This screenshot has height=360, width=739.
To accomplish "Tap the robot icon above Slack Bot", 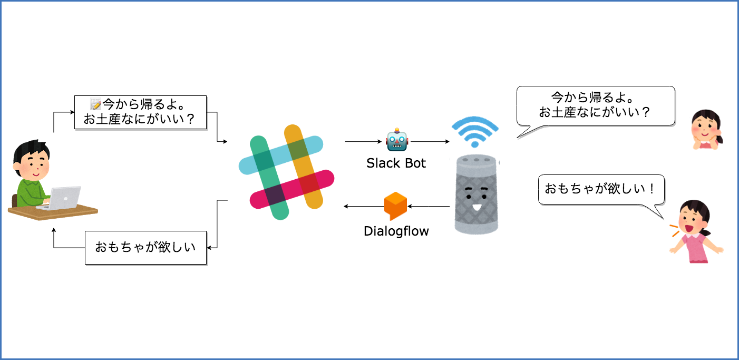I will [x=396, y=141].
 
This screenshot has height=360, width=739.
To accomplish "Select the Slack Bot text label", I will [x=396, y=163].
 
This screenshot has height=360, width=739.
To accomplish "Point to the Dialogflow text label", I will [x=396, y=231].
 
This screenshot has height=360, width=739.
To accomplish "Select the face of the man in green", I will [x=33, y=163].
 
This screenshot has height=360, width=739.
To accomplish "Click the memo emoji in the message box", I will [x=95, y=104].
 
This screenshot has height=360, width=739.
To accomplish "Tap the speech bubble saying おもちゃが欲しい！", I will [x=600, y=190].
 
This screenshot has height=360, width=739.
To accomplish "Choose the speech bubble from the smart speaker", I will [x=596, y=105].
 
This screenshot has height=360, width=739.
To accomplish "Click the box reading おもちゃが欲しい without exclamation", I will [x=145, y=247].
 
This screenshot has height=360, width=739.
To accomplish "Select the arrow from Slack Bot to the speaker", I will [x=429, y=141].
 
